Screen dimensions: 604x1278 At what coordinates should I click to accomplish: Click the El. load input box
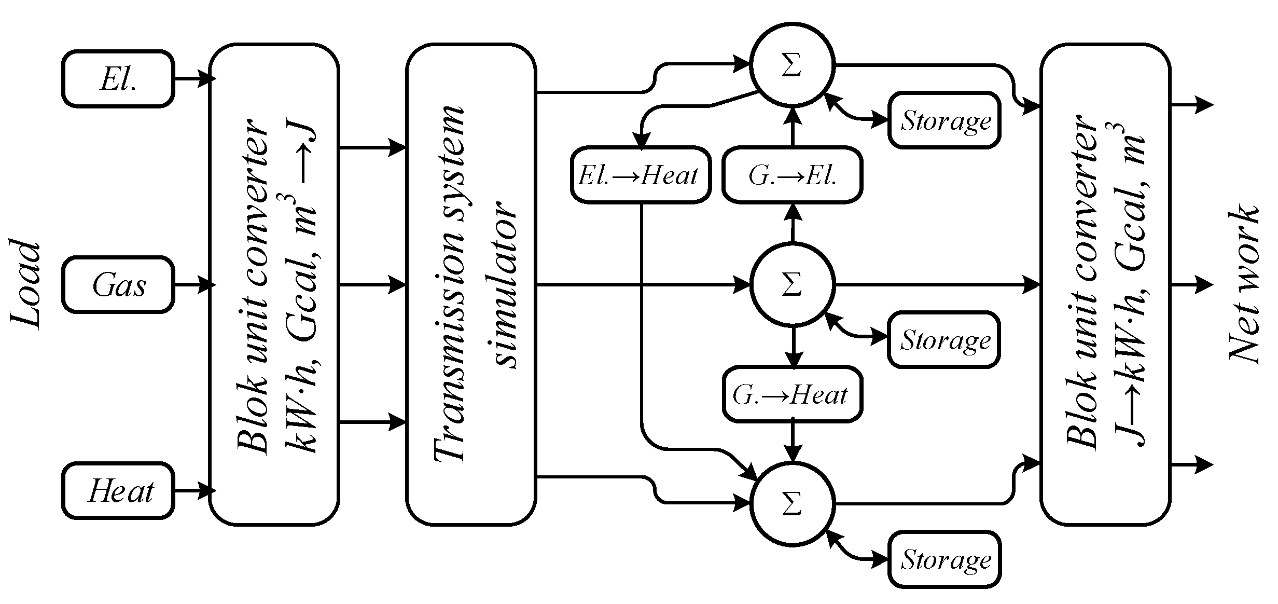coord(118,79)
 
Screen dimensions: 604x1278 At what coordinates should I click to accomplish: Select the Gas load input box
coord(118,285)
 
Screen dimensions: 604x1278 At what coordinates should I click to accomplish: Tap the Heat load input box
coord(118,491)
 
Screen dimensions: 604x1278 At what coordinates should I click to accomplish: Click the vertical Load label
coord(26,284)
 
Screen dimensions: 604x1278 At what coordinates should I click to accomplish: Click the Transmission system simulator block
coord(471,284)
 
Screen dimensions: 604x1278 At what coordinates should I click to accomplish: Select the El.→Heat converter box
coord(640,175)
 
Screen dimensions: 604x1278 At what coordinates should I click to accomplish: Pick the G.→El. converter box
coord(792,175)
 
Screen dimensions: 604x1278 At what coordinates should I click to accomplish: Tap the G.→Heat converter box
coord(792,394)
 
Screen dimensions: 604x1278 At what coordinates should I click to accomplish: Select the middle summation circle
coord(792,285)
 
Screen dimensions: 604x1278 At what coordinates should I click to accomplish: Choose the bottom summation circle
coord(792,504)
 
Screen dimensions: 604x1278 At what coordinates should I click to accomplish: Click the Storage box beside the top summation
coord(944,120)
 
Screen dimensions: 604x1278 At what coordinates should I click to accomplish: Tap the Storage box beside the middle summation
coord(944,340)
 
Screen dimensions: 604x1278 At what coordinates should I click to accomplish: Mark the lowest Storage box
coord(944,559)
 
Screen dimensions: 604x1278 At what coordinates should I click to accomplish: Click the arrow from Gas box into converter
coord(195,285)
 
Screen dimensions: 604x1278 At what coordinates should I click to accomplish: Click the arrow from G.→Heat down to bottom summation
coord(792,441)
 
